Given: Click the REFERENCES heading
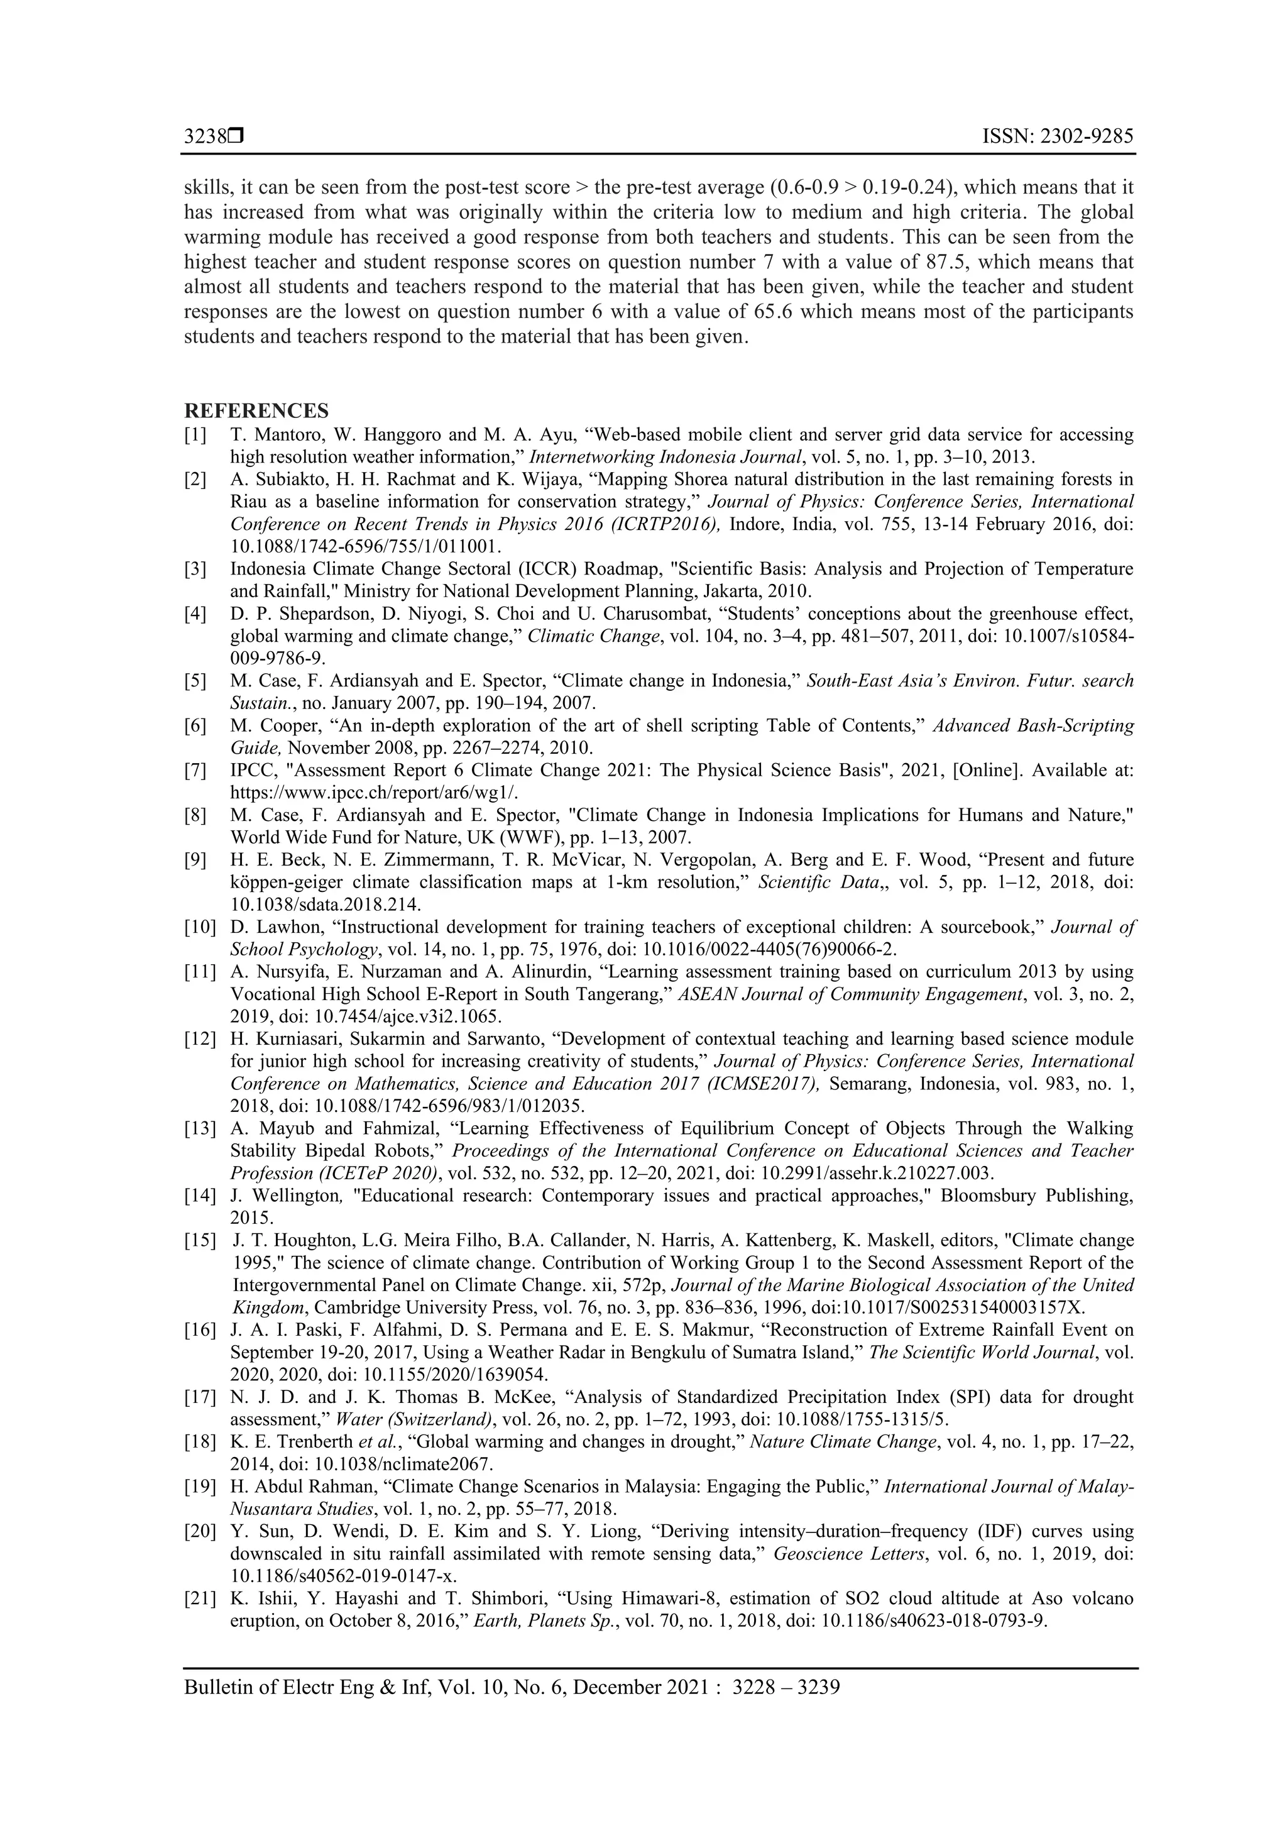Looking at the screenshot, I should [256, 411].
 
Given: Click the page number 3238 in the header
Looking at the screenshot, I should [205, 136].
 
